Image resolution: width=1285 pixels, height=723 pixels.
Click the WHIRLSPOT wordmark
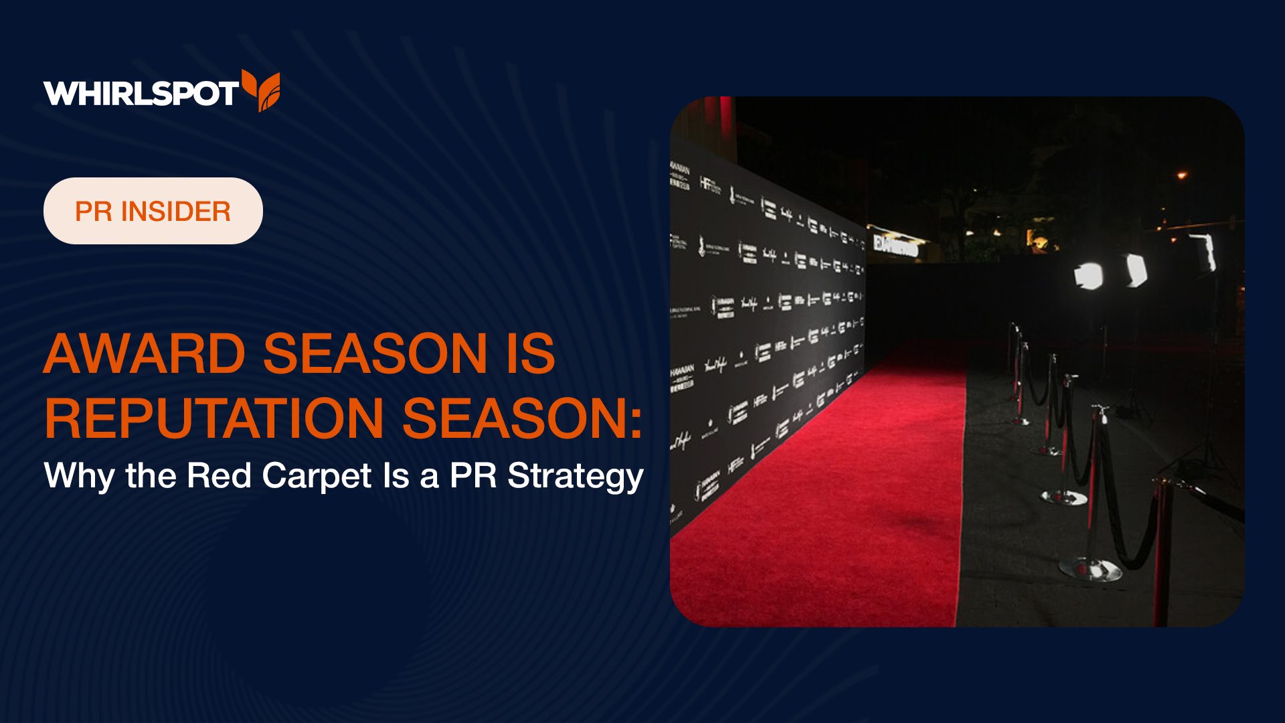pyautogui.click(x=141, y=93)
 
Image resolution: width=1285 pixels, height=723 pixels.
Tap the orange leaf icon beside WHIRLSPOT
pyautogui.click(x=262, y=90)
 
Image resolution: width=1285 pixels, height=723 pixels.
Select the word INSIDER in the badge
pyautogui.click(x=176, y=212)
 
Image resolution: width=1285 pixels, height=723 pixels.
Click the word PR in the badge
pyautogui.click(x=93, y=212)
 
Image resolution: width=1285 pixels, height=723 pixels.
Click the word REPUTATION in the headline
pyautogui.click(x=214, y=418)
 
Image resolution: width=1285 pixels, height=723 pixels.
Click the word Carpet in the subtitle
pyautogui.click(x=316, y=477)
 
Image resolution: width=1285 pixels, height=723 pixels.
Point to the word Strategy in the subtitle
pyautogui.click(x=575, y=477)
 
